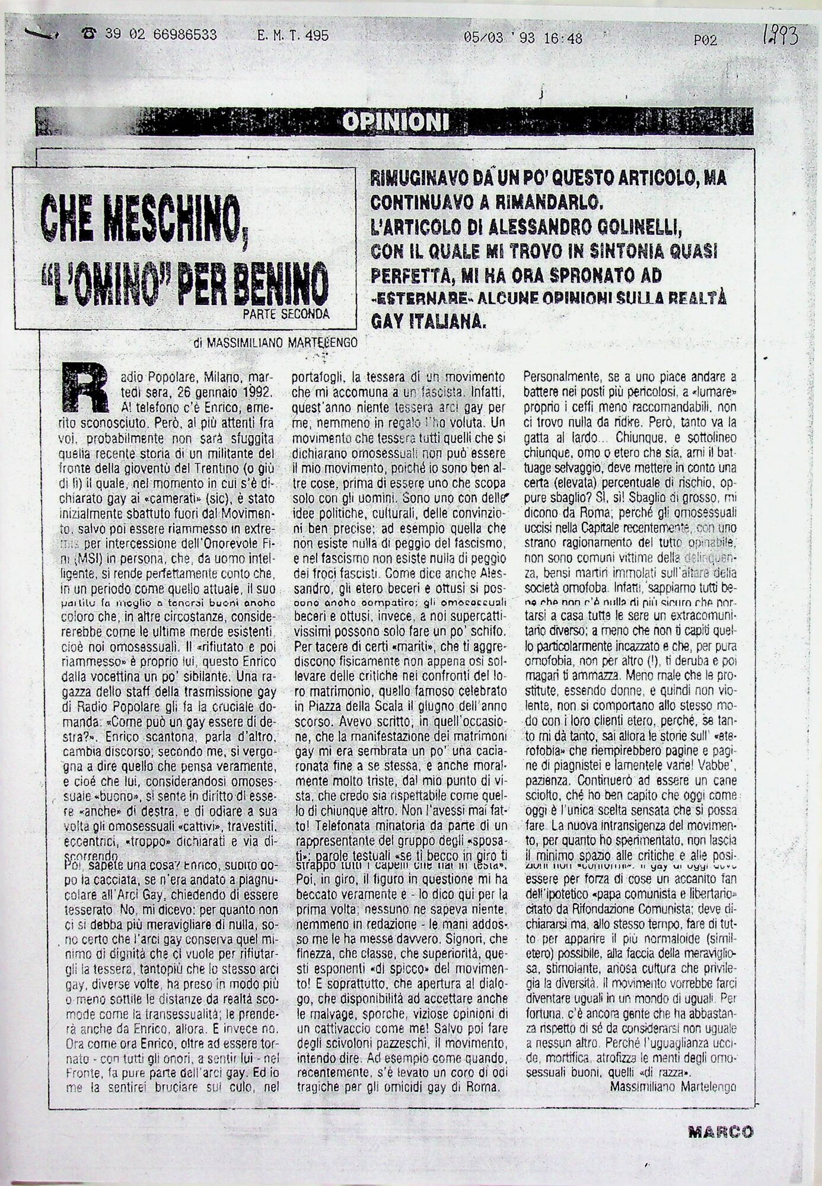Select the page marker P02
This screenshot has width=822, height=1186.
[705, 40]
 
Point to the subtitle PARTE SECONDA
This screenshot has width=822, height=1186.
[285, 314]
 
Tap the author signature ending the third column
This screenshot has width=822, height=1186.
[672, 1087]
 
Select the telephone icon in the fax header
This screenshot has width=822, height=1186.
[90, 35]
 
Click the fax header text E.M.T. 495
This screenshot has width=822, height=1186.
[293, 36]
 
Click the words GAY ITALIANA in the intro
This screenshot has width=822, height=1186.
[429, 321]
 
